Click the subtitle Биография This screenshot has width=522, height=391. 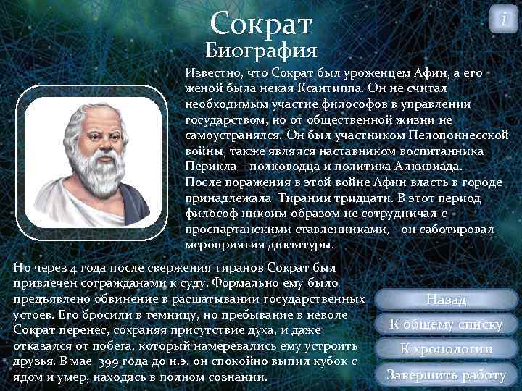[261, 51]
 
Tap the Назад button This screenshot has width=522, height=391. [447, 299]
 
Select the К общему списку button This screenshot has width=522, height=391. [447, 324]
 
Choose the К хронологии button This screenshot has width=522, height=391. [447, 350]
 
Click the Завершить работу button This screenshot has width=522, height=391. [447, 375]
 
